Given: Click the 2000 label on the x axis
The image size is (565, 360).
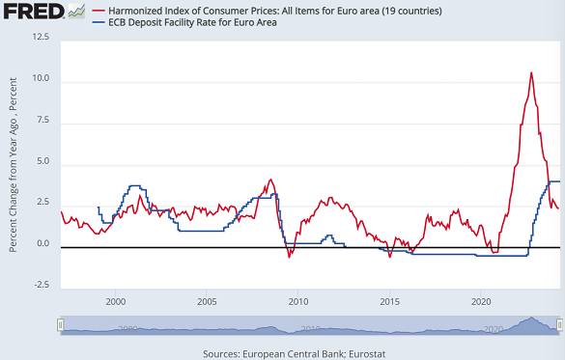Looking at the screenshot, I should click(115, 303).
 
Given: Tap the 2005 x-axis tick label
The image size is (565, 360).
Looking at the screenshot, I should click(206, 303).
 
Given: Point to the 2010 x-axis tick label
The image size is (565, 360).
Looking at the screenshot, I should click(297, 303).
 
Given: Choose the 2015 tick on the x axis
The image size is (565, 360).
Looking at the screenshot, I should click(388, 303).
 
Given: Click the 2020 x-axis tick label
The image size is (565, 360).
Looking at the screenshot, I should click(480, 303).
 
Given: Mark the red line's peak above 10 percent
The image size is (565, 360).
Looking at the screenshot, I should click(530, 72).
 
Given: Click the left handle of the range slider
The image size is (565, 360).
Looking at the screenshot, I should click(60, 326).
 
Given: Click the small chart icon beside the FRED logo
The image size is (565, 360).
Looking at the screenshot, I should click(75, 12).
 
